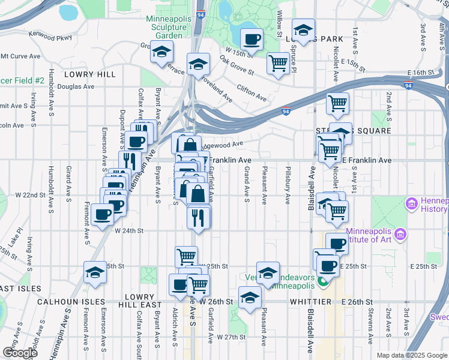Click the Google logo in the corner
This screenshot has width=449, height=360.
tap(20, 352)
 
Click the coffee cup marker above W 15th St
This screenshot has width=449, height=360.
tap(252, 40)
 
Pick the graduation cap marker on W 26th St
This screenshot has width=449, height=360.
tap(249, 297)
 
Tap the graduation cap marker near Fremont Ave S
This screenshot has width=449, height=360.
tap(95, 272)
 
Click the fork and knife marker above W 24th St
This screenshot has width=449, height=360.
tap(199, 217)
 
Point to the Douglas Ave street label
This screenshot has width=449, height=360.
tap(76, 86)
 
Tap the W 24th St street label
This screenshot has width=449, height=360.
tap(129, 230)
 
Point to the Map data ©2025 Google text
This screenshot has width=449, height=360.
tap(411, 355)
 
